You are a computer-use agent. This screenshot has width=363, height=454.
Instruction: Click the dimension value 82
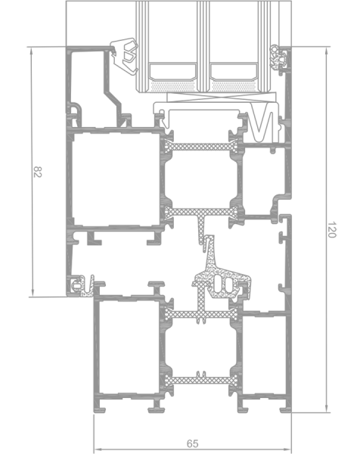pos(38,172)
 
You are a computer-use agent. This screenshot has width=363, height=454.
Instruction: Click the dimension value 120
pos(332,229)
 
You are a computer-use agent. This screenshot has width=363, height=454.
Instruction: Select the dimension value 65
pos(193,443)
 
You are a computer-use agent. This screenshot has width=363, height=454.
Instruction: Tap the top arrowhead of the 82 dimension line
pos(32,51)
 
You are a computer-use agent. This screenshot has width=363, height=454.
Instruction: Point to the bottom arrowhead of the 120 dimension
pos(327,409)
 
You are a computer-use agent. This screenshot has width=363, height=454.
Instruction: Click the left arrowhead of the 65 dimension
pos(98,449)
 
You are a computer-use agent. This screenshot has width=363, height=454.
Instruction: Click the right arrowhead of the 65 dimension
pos(287,449)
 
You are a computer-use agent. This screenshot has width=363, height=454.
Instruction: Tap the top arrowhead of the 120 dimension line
pos(327,51)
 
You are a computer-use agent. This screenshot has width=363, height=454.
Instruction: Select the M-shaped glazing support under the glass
pos(262,125)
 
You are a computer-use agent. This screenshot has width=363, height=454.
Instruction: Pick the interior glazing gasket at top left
pos(125,55)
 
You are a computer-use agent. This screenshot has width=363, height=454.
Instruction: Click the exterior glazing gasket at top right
pos(278,59)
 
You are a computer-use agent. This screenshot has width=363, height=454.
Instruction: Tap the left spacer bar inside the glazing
pos(172,72)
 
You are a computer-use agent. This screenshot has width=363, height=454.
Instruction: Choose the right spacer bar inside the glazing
pos(234,72)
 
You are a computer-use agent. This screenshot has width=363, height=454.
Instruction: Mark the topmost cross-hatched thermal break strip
pos(201,147)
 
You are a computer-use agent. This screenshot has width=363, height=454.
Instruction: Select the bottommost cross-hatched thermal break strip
pos(201,380)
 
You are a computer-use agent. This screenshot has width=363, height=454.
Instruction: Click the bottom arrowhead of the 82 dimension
pos(32,293)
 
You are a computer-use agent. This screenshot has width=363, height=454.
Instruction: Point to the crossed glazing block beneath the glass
pos(222,98)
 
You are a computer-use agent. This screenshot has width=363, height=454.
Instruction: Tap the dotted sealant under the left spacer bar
pos(173,86)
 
